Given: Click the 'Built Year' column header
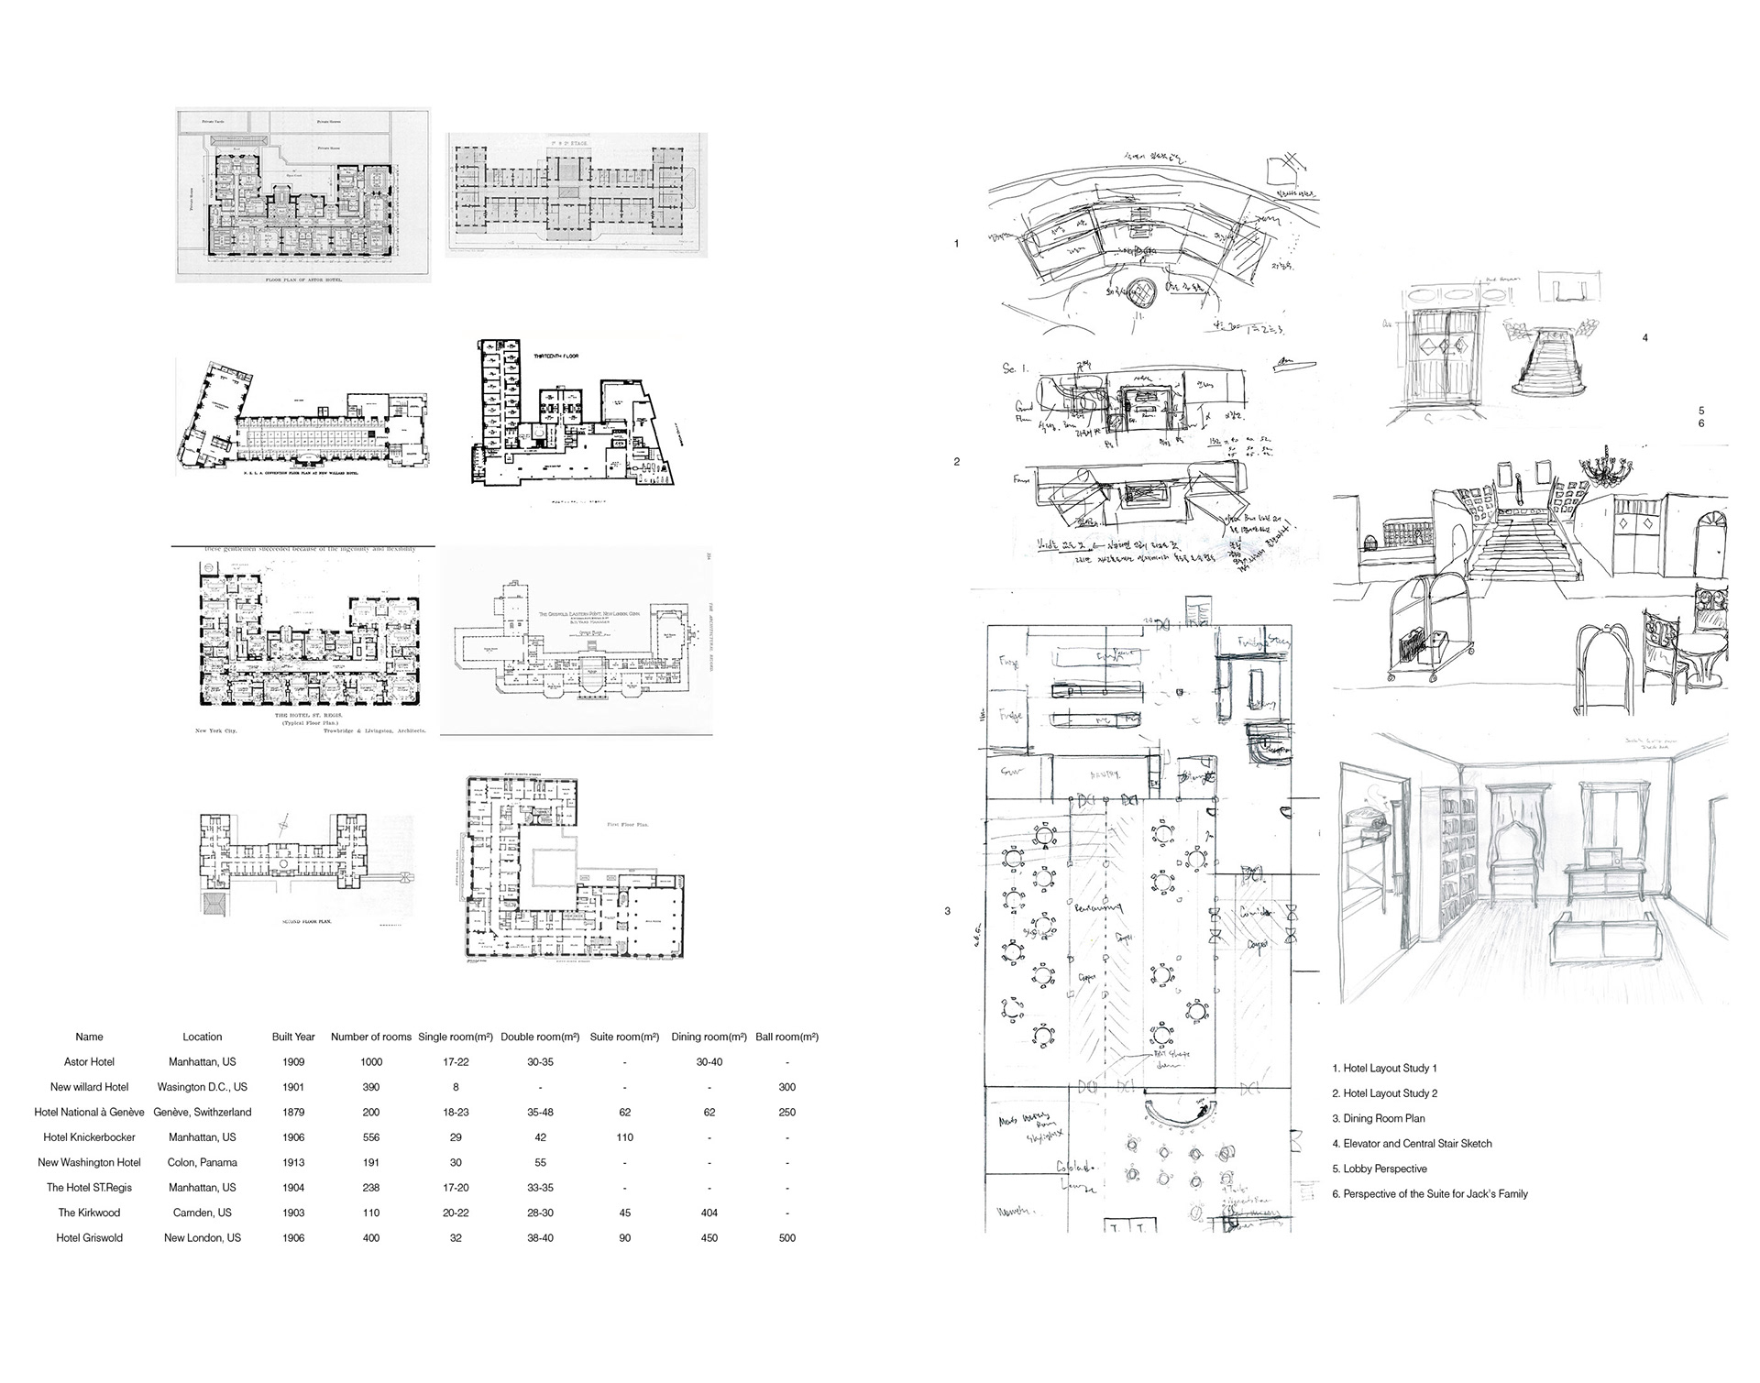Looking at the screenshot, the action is (293, 1037).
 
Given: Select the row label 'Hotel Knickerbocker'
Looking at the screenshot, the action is (89, 1137).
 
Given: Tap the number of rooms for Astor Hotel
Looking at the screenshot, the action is (370, 1062).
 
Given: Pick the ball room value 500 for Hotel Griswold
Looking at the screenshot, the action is (786, 1238).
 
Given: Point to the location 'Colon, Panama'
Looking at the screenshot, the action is (202, 1162).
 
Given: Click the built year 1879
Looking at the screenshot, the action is (293, 1112).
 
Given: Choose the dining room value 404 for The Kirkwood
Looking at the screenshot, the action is (709, 1213).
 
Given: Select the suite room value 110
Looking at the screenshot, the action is (624, 1137).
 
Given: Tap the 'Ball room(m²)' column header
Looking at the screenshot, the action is (786, 1037).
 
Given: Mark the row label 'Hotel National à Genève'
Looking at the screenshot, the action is (89, 1112).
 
